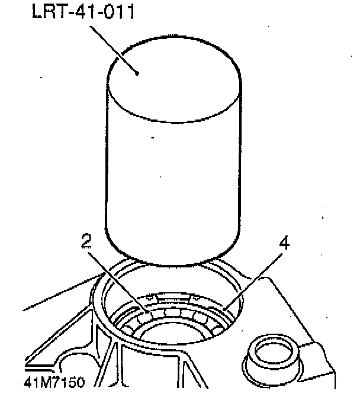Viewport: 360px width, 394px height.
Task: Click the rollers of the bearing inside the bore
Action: point(178,313)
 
